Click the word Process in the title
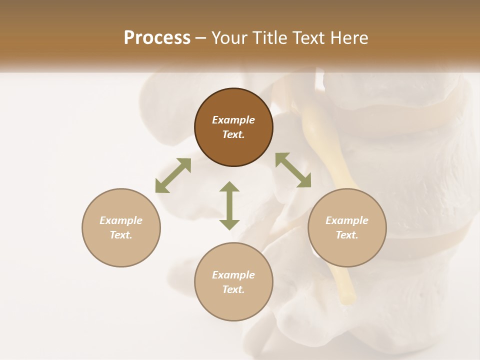tap(157, 38)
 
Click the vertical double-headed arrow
tap(229, 205)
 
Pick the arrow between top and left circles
tap(173, 175)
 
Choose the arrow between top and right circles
tap(293, 170)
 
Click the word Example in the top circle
tap(233, 120)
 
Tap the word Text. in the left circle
tap(121, 235)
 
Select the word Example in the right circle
tap(347, 220)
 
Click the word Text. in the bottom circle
tap(233, 289)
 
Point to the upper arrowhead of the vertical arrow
tap(229, 187)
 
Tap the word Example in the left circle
tap(121, 220)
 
